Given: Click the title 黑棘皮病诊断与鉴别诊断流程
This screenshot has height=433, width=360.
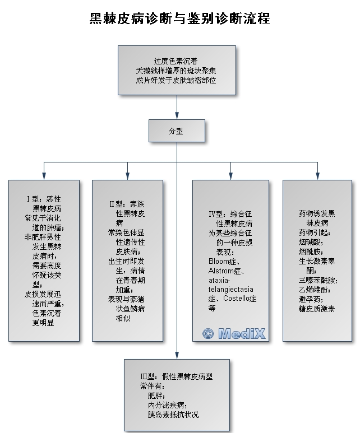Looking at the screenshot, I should pos(179,18).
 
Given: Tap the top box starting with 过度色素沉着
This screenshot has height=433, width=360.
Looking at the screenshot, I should pos(176,70).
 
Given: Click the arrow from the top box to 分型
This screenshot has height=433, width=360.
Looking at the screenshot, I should pos(177,107).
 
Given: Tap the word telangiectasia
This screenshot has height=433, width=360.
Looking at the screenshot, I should pos(230,289).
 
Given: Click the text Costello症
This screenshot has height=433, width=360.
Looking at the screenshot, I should pos(241,299).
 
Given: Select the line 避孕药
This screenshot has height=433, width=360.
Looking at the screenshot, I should pos(312,299).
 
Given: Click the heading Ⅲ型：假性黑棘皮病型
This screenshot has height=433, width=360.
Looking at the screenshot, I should pos(177,376).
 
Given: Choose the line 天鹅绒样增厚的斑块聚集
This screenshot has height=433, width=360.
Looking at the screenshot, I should pos(176,70).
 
